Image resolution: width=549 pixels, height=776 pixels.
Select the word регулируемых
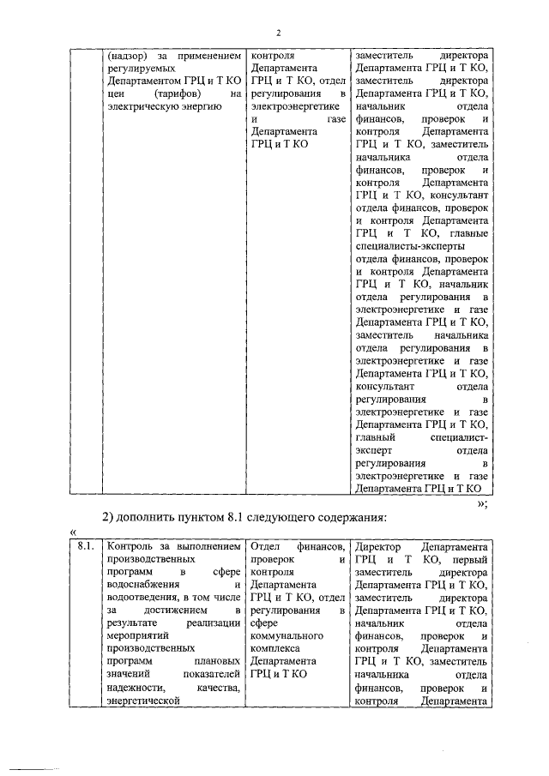(x=136, y=69)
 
